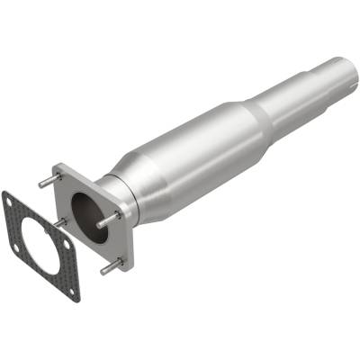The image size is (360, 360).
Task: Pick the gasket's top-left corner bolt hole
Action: point(10,200)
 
